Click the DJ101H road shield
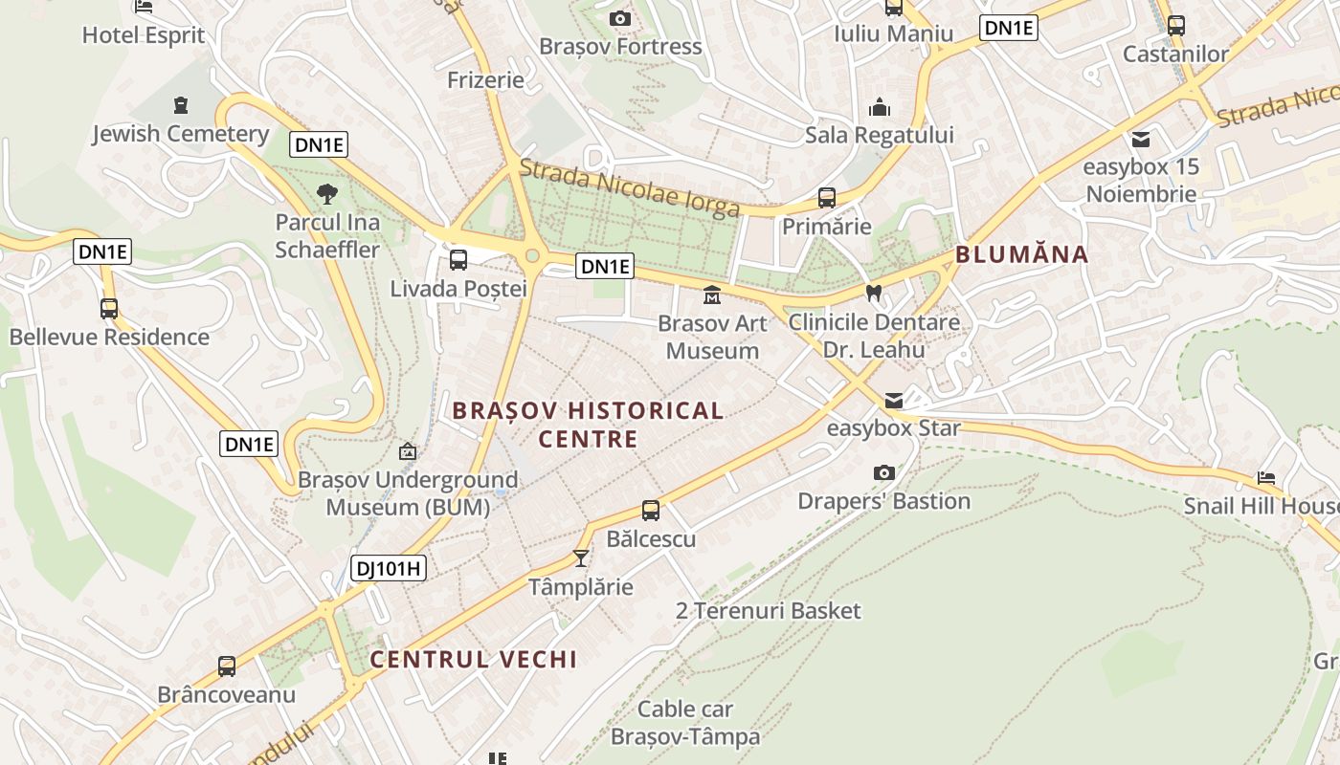click(388, 568)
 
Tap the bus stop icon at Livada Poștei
click(458, 259)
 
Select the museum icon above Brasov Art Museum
click(711, 295)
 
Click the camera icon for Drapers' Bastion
click(884, 472)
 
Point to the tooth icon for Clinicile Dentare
click(873, 294)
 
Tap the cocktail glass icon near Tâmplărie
click(581, 557)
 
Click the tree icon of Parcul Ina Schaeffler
click(327, 194)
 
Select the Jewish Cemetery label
click(180, 134)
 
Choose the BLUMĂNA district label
click(1022, 254)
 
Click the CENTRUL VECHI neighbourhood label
click(474, 659)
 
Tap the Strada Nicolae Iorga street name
click(629, 187)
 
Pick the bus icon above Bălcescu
click(651, 511)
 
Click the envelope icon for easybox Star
click(893, 401)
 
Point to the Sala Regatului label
click(879, 135)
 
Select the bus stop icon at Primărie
click(827, 198)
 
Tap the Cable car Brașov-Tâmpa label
click(685, 723)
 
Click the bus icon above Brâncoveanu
click(227, 667)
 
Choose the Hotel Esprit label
click(144, 35)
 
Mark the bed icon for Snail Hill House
click(1266, 477)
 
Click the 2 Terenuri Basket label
click(769, 611)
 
